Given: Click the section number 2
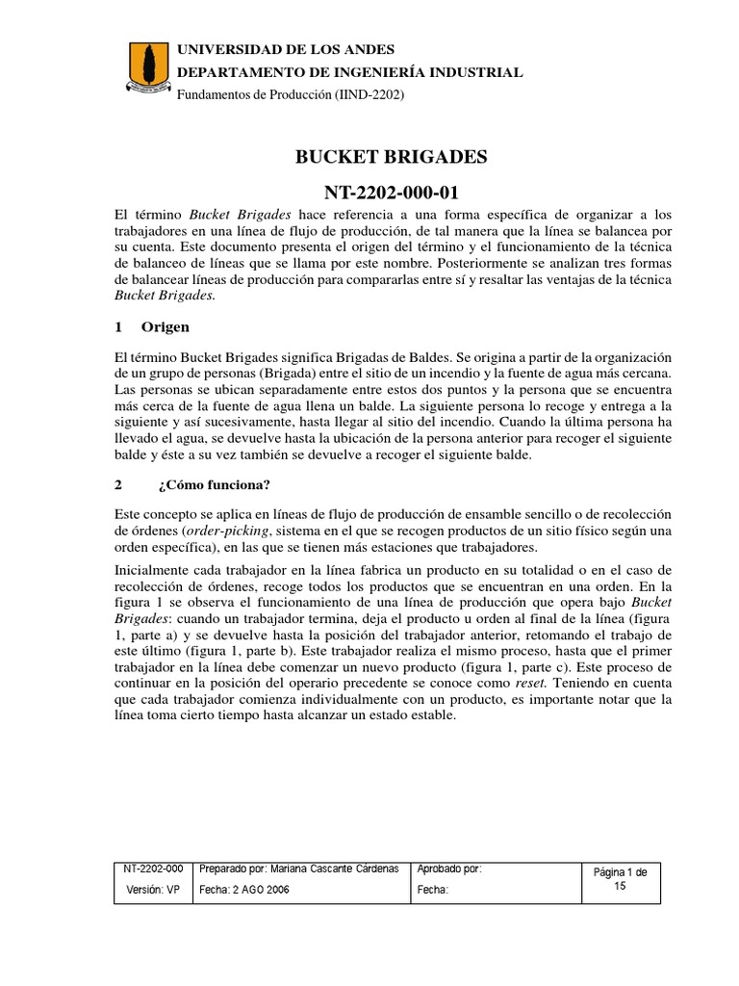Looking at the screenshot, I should [x=118, y=483].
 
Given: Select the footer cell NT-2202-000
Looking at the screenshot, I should [x=154, y=869].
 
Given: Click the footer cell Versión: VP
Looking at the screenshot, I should [x=154, y=890].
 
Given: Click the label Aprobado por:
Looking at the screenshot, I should [x=448, y=869].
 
